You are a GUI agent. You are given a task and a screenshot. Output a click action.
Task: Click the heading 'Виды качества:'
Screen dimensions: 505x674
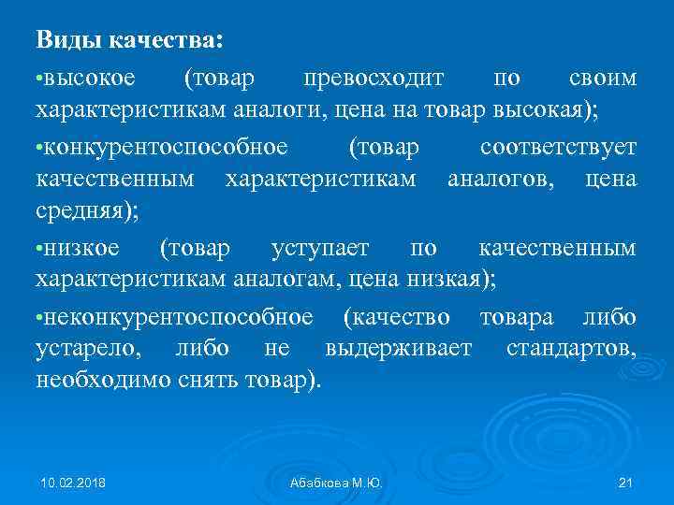click(130, 40)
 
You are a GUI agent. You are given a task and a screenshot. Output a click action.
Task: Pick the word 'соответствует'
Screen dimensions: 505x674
click(558, 147)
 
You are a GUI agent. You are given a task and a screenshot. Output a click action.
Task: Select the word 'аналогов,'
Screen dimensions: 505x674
click(497, 178)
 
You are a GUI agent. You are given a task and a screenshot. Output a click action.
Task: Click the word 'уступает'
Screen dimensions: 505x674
click(320, 248)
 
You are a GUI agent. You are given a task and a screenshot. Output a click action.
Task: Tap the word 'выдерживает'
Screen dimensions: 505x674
click(399, 350)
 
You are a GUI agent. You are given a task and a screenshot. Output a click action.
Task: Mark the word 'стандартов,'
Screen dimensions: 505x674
click(571, 350)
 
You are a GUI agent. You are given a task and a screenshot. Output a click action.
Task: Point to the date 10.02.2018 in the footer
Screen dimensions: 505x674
click(73, 483)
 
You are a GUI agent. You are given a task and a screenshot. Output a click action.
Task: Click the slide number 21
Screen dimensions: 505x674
click(626, 483)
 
